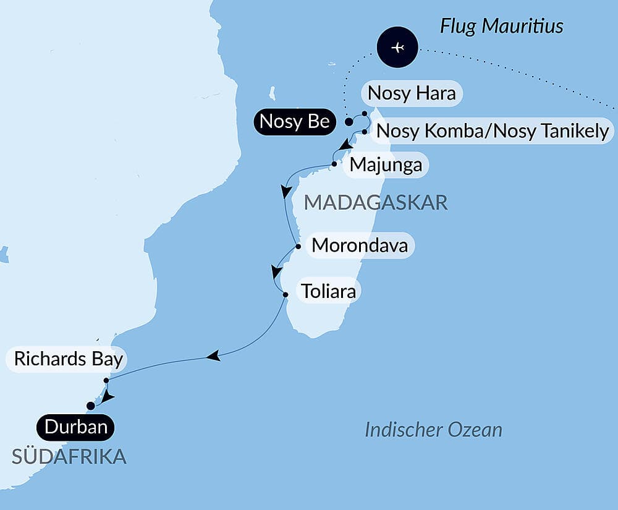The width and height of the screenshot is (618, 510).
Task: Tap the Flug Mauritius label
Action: point(501,27)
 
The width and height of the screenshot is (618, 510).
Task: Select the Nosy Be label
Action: point(294,122)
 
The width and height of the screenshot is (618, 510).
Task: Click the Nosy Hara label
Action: point(411,93)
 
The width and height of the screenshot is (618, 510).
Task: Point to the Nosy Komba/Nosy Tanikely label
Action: point(492,131)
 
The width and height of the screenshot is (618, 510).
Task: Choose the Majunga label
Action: point(386,165)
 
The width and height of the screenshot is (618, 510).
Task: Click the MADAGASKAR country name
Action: point(376,202)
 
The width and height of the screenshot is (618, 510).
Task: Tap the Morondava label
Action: point(360,245)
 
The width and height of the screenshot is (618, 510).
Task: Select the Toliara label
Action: point(328,291)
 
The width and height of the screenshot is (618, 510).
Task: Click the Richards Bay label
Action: point(69,359)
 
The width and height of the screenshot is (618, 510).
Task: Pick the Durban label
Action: point(75,427)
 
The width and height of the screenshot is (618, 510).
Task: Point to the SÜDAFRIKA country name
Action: point(69,456)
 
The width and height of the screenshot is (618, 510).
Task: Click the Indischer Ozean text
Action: point(433,430)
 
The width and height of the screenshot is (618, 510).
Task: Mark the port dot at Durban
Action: point(91,406)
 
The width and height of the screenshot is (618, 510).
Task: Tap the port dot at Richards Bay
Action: point(106,380)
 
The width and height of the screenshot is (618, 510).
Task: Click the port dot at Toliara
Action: point(285,295)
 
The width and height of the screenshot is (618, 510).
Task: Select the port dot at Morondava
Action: point(298,247)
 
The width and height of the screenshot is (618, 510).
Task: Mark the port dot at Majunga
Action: point(334,164)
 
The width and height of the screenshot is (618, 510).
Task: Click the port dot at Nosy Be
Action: point(349,122)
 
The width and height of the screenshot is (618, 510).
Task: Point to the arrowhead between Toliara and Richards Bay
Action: point(213,356)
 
